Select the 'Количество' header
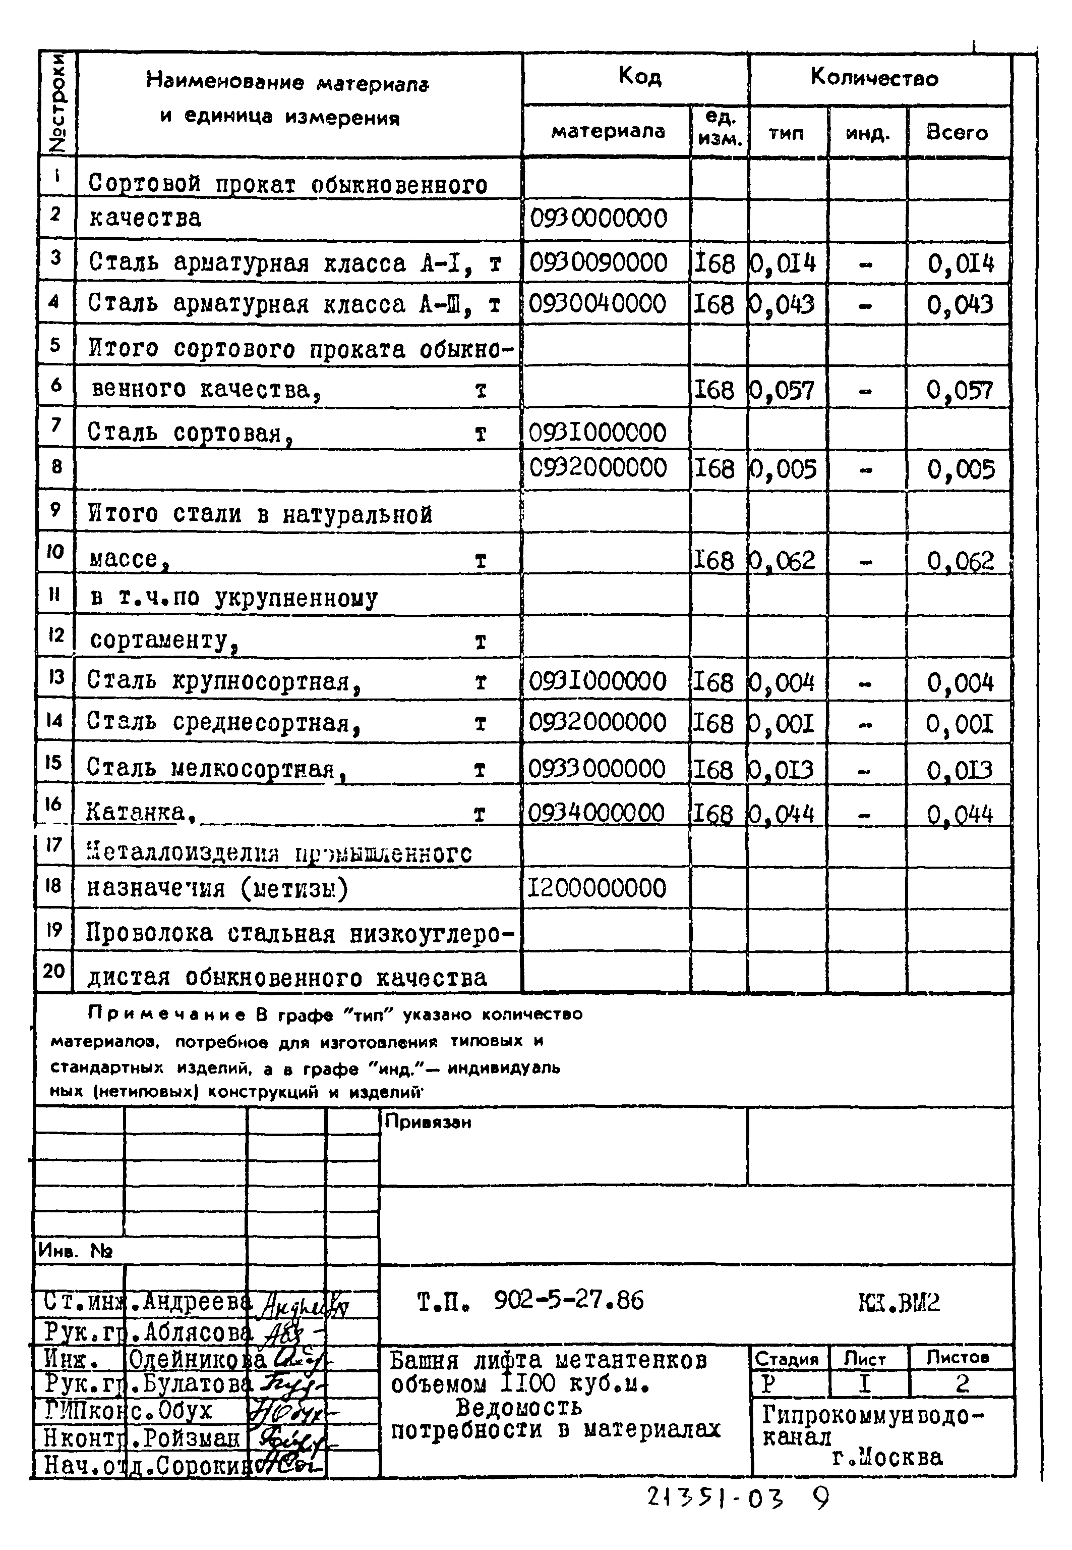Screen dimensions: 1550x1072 click(x=874, y=78)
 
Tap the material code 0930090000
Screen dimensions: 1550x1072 click(x=598, y=263)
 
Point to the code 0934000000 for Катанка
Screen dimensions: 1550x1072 click(x=596, y=813)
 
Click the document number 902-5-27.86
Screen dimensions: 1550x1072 click(x=568, y=1301)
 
